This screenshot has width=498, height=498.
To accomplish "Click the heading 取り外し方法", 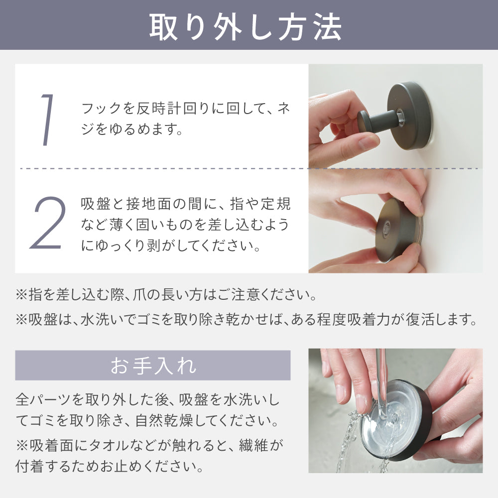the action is tap(246, 27).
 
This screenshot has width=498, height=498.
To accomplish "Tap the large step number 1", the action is tap(47, 120).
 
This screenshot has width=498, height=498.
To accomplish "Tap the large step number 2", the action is tap(48, 223).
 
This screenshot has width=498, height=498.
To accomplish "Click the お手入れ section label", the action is tap(153, 366).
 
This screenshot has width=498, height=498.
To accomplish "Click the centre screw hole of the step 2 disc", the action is tap(386, 228).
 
